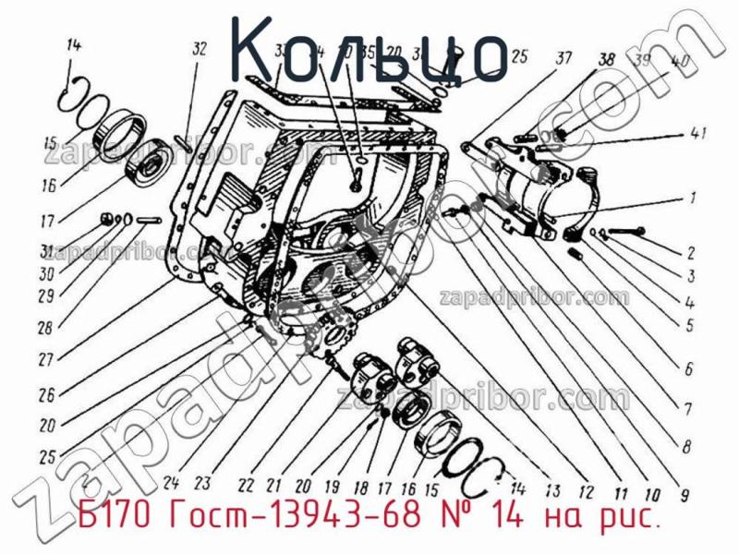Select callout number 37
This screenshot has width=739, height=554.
tap(563, 58)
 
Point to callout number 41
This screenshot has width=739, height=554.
tap(698, 134)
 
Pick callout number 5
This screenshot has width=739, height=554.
tap(688, 324)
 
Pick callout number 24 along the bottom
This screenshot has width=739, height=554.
tap(169, 480)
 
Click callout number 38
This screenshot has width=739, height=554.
tap(606, 58)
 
